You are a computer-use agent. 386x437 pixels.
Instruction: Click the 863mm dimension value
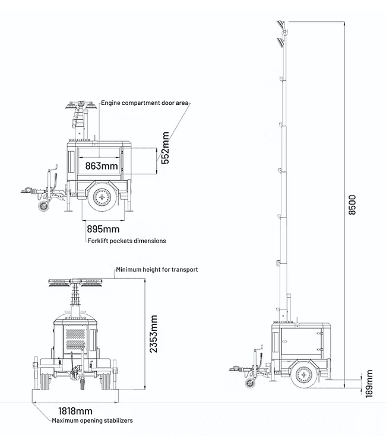(x=101, y=165)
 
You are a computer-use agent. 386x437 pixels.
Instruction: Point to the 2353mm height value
(x=154, y=335)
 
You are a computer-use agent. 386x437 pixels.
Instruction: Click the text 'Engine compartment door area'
(x=144, y=103)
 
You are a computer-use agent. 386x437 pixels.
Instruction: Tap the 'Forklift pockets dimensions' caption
(x=126, y=241)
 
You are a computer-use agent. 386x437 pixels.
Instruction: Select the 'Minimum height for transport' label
(x=157, y=269)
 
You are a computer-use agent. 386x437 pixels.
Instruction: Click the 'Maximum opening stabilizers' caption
(x=92, y=420)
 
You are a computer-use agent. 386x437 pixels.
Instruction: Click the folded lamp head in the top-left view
(x=80, y=106)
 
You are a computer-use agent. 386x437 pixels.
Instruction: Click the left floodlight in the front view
(x=60, y=284)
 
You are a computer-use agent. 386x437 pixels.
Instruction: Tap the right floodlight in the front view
(x=94, y=284)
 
